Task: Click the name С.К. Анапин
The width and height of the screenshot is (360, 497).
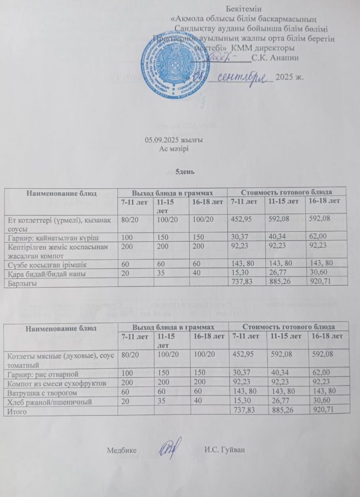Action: pyautogui.click(x=275, y=58)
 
